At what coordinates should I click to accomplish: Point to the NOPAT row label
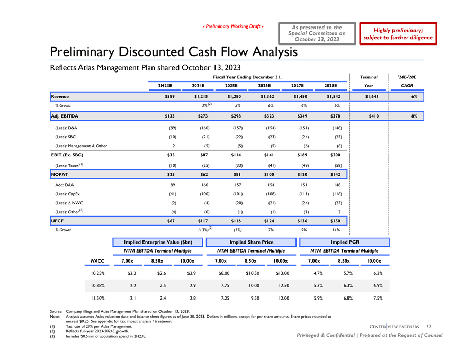[61, 174]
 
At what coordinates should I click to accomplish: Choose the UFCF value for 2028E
[335, 220]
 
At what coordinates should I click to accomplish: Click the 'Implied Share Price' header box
[252, 242]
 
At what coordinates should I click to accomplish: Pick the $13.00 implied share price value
[280, 273]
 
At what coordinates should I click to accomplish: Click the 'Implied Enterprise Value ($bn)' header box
[158, 242]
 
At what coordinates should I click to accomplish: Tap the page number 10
[429, 325]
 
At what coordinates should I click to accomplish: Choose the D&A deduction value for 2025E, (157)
[234, 128]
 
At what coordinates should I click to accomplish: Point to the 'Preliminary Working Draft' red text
[234, 26]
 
